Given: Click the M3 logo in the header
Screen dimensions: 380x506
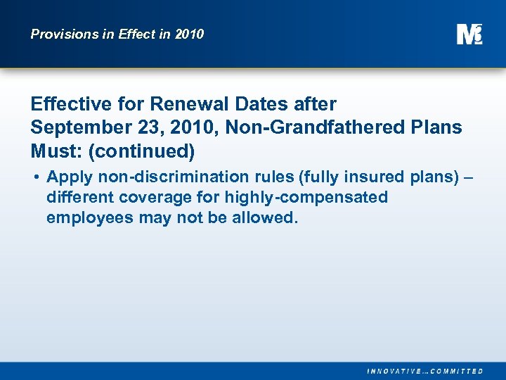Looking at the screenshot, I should tap(469, 34).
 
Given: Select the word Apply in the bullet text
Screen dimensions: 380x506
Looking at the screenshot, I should tap(69, 177).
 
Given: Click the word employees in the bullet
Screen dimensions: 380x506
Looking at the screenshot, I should tap(89, 217).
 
